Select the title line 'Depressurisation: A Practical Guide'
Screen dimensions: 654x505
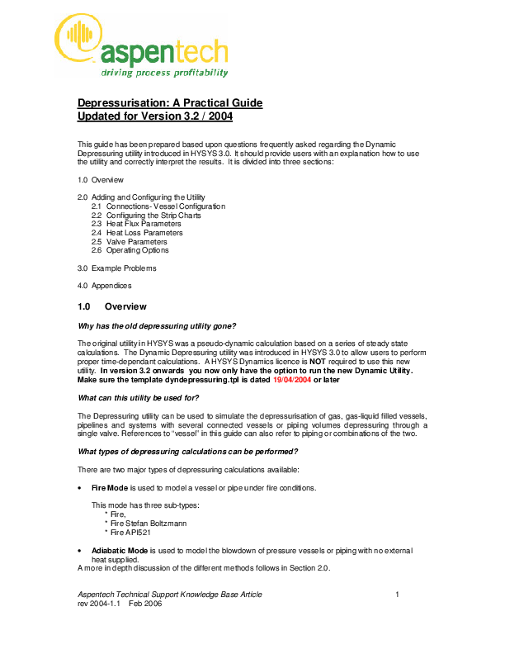[169, 103]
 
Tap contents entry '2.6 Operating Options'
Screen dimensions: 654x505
[130, 250]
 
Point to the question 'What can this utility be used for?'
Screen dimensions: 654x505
[138, 398]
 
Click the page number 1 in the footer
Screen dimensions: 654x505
[397, 595]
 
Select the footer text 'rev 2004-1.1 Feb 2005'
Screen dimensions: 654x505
[120, 604]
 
